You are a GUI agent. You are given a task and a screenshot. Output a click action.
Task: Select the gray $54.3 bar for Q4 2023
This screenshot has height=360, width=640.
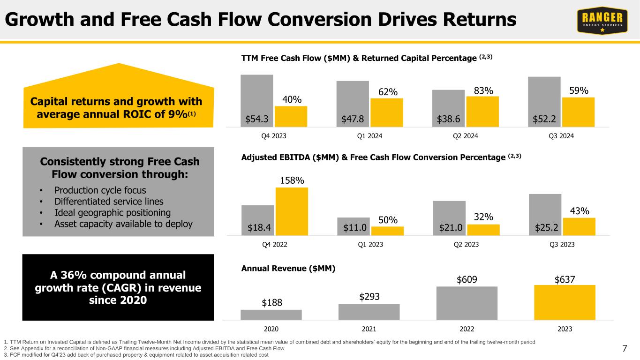coord(256,100)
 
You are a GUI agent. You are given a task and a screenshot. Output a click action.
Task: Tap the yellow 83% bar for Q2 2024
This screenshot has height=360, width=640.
coord(482,112)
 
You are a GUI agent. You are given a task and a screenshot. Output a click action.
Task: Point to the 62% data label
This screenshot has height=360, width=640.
coord(388,91)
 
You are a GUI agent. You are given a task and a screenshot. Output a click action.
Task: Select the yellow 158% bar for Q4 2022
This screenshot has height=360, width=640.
coord(292,211)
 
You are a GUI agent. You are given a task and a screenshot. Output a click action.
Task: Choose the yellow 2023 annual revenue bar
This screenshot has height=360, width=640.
coord(565,302)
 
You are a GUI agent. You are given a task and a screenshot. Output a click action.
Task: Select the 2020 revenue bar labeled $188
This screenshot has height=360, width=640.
coord(271,315)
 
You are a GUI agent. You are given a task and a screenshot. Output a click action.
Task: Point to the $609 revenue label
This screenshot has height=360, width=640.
coord(467,279)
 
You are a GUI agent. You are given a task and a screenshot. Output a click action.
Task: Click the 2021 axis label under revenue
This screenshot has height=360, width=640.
coord(369,329)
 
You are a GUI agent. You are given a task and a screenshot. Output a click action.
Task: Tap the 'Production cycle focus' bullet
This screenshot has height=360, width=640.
coord(100,190)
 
